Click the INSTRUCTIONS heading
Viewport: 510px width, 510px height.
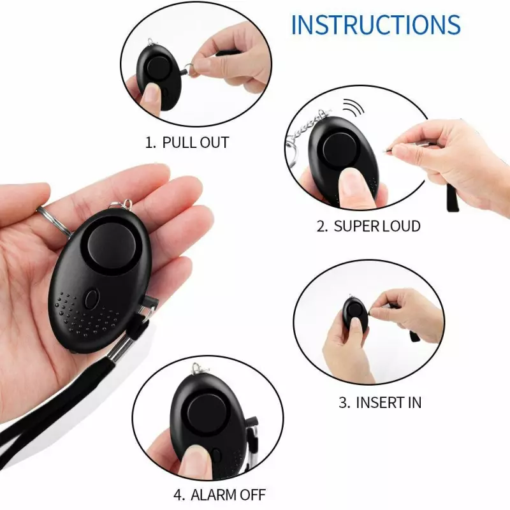coord(375,24)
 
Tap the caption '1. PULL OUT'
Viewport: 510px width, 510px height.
coord(187,142)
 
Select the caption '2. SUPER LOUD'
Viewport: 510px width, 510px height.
coord(368,226)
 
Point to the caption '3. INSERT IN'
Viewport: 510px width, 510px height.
coord(380,402)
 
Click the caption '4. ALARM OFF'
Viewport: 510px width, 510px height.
coord(219,495)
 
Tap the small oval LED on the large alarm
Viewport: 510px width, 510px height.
coord(91,299)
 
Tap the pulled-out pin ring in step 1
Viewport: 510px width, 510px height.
coord(192,69)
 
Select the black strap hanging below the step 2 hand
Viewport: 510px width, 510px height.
coord(453,196)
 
